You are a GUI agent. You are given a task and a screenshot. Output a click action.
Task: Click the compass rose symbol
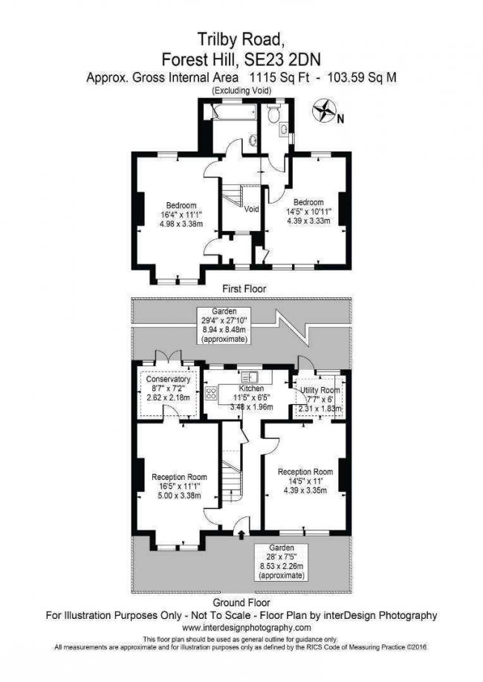point(324,111)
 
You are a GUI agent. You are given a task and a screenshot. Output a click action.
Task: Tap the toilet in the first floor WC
point(274,114)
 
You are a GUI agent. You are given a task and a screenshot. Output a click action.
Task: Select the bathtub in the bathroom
point(234,111)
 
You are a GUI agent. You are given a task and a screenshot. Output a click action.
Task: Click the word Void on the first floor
point(251,209)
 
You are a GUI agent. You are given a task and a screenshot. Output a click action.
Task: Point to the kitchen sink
point(250,377)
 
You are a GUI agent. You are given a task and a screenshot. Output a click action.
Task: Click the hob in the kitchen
point(211,393)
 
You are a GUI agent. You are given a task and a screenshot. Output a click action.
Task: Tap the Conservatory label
point(168,380)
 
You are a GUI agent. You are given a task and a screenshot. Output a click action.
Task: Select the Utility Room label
point(320,390)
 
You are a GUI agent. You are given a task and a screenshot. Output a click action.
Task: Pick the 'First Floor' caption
point(244,288)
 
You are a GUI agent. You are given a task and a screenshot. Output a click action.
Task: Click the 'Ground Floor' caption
point(241,603)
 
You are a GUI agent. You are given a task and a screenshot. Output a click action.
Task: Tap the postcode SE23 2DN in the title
point(282,59)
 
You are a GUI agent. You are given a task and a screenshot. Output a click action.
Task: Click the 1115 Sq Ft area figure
point(279,78)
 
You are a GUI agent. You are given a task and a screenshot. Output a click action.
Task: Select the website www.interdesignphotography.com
point(247,628)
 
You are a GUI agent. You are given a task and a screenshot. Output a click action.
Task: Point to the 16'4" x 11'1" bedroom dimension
point(181,215)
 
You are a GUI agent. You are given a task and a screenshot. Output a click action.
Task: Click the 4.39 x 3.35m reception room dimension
point(305,490)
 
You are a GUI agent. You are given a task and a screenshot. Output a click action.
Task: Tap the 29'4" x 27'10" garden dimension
point(224,319)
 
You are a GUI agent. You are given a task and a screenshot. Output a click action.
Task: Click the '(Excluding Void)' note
point(241,91)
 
